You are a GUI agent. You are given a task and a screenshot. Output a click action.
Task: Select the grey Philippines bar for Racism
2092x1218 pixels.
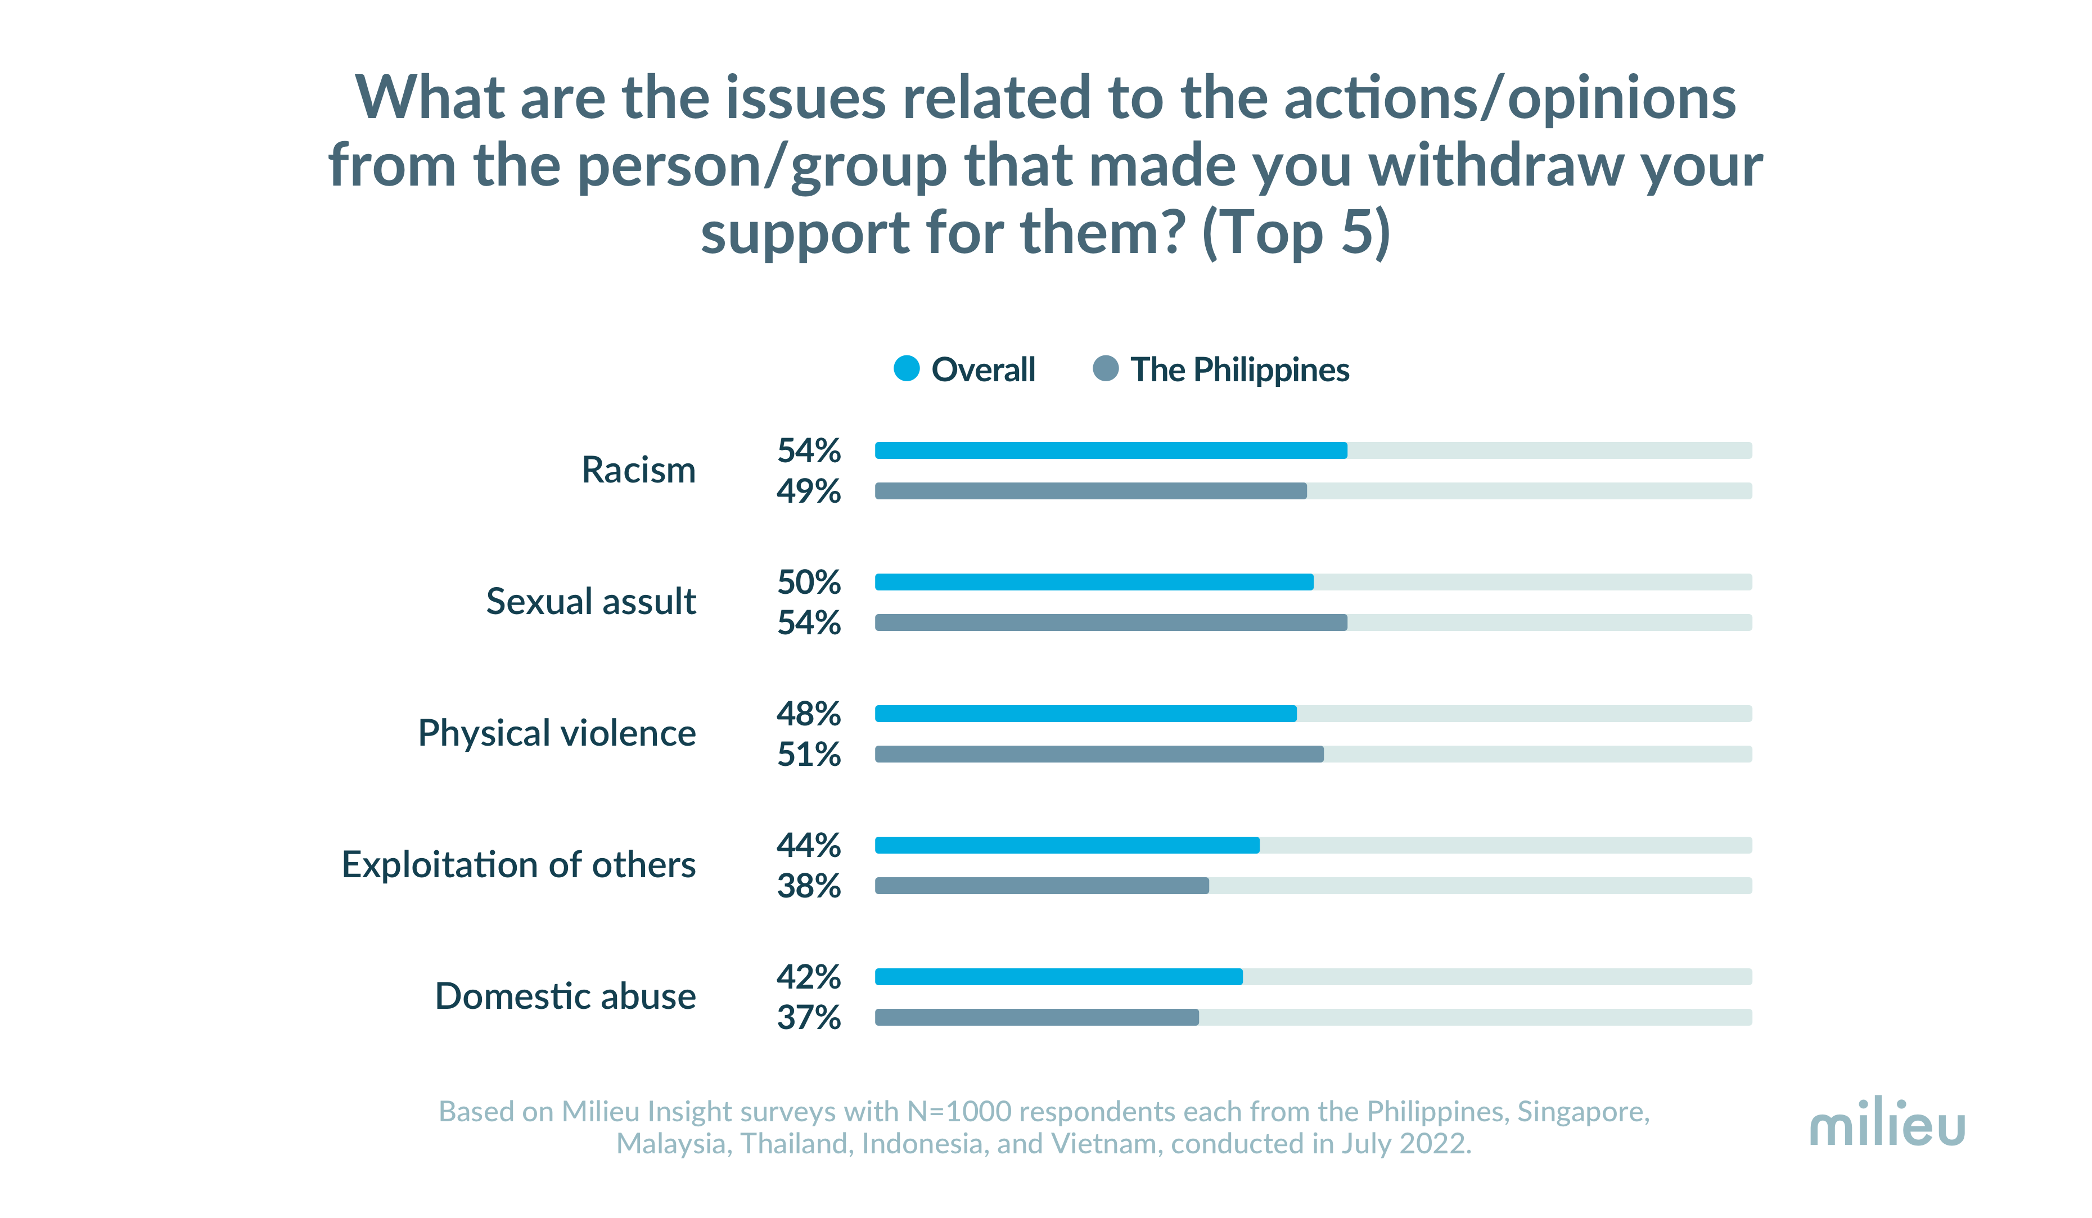tap(1090, 491)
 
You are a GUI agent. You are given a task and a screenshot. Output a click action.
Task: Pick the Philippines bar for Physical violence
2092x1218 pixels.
tap(1098, 754)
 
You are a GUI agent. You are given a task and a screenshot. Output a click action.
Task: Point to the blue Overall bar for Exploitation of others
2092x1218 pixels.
tap(1067, 845)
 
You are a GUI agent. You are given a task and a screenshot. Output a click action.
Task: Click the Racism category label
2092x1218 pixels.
tap(638, 471)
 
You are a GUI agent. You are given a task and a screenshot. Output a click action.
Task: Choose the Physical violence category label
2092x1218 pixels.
tap(556, 734)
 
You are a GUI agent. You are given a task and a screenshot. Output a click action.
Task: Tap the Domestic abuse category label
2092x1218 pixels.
tap(565, 996)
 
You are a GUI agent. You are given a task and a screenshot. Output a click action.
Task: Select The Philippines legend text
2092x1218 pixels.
tap(1239, 369)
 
